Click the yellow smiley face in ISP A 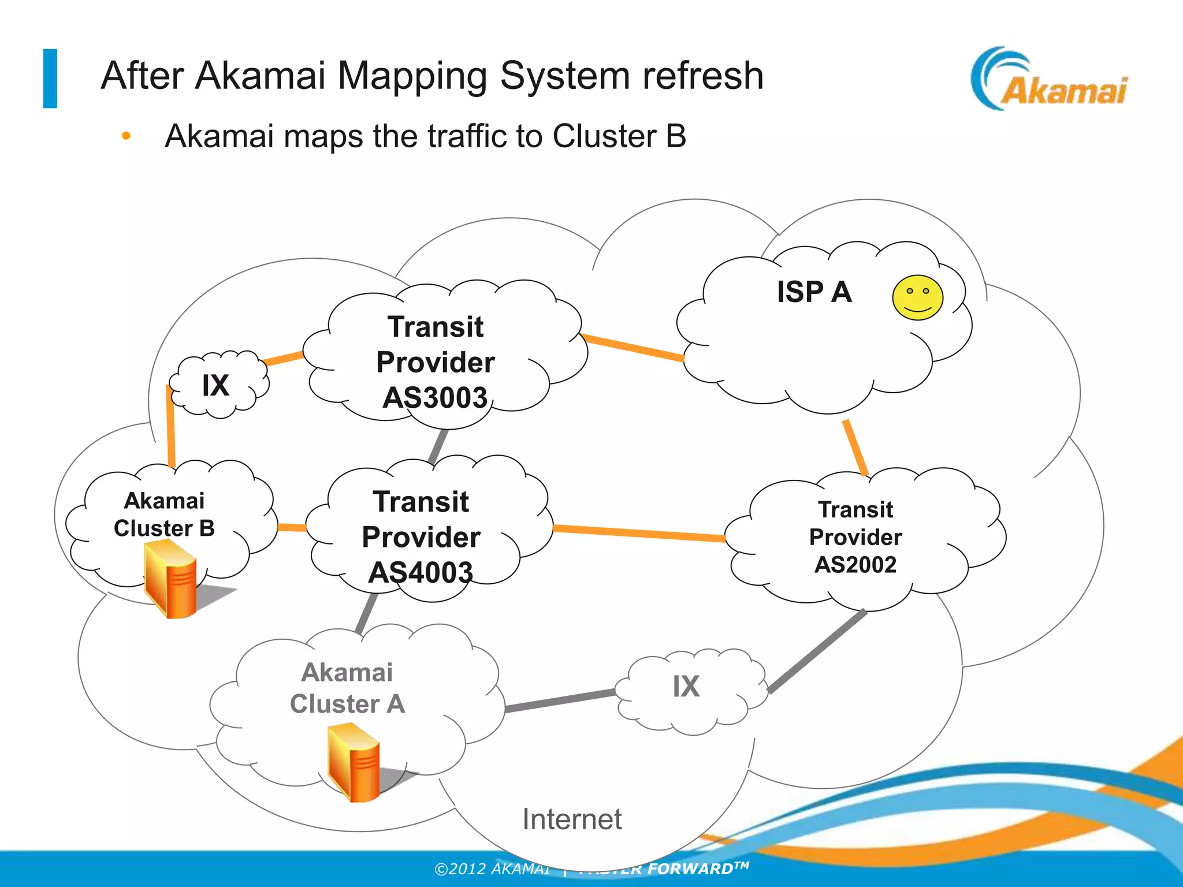(x=917, y=297)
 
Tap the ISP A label (x=814, y=292)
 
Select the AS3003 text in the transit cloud (x=435, y=398)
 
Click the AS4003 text (x=421, y=572)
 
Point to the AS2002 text (x=855, y=564)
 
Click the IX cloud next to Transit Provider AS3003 (x=217, y=385)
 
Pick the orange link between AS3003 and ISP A (x=633, y=347)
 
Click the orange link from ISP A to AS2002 (x=855, y=448)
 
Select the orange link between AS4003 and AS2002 (x=638, y=532)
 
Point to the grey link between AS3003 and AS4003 (x=438, y=445)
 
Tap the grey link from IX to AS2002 (x=817, y=651)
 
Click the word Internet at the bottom (x=572, y=819)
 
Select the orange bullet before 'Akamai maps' (x=126, y=137)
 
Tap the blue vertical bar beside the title (x=50, y=79)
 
